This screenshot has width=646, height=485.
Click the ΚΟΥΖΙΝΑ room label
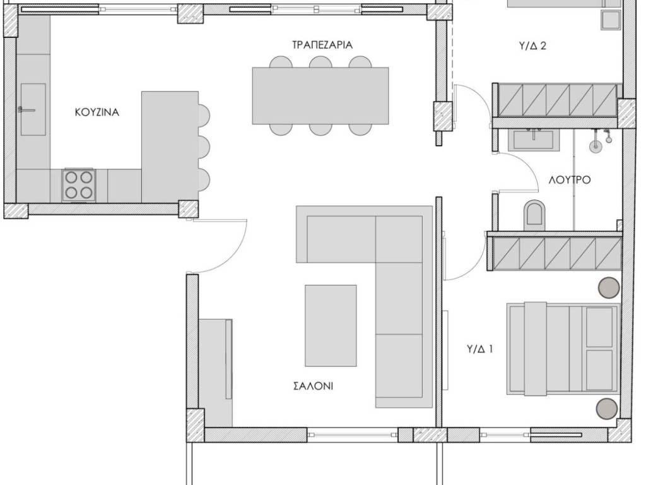97,112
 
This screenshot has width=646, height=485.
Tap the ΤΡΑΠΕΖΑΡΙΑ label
322,45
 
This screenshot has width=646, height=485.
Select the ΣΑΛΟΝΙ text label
313,386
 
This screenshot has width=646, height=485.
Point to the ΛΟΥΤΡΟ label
570,180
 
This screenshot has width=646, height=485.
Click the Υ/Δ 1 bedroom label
479,349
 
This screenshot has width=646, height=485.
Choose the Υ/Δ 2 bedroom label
532,45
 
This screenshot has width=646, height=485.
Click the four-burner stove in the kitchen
79,185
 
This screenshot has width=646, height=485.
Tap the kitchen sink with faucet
33,109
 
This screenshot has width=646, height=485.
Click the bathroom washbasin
533,140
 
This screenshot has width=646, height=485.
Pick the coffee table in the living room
331,325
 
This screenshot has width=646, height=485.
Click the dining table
320,96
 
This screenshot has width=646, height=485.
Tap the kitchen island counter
170,147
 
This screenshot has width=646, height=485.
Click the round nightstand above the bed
609,287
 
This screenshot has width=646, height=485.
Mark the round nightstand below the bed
608,409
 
